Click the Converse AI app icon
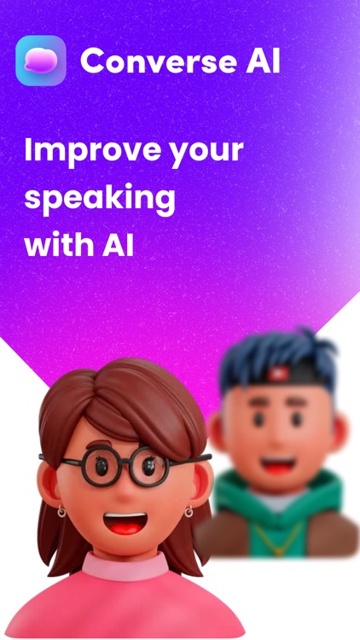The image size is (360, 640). (x=40, y=61)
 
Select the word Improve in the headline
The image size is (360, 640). (x=84, y=151)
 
